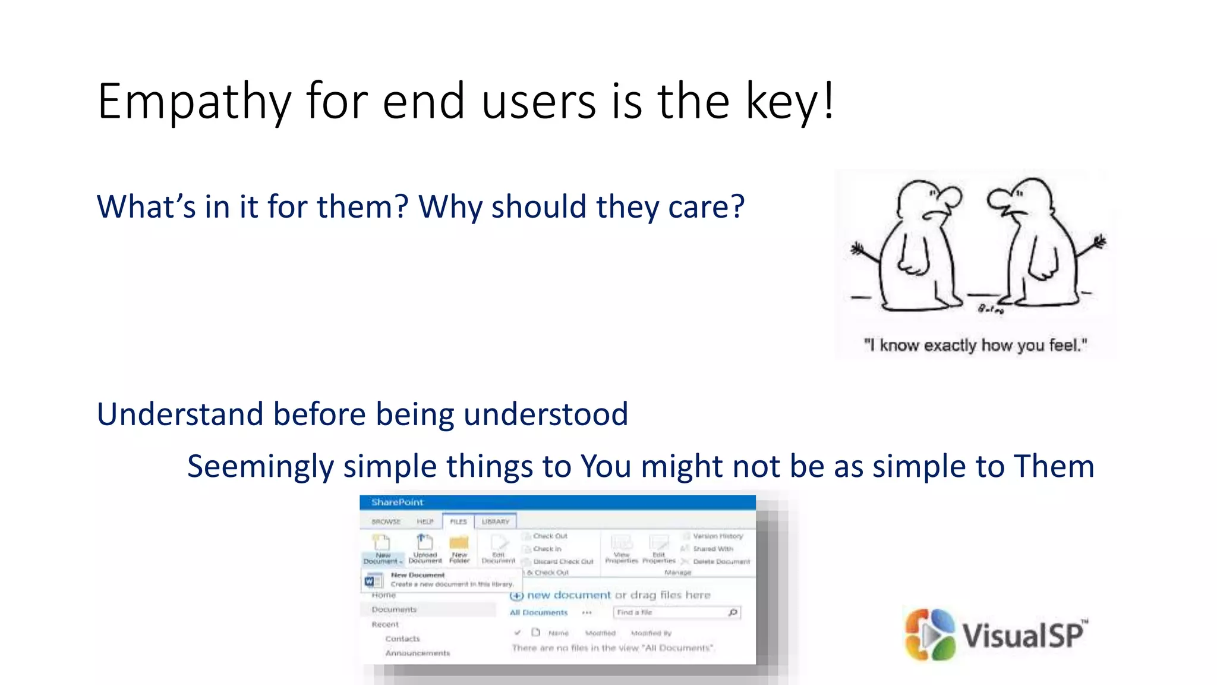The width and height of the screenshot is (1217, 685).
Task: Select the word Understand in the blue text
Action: click(x=179, y=414)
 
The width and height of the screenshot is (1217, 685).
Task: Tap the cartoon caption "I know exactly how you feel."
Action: click(x=975, y=345)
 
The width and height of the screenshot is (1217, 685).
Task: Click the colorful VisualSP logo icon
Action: click(x=930, y=634)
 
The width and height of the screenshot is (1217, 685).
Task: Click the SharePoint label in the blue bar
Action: click(x=397, y=502)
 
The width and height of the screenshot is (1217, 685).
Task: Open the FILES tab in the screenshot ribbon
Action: click(x=458, y=521)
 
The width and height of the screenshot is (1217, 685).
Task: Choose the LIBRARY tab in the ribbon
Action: click(x=495, y=521)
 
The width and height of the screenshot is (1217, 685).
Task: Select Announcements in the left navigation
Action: click(x=417, y=653)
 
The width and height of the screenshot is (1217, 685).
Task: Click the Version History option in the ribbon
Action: click(x=717, y=536)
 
